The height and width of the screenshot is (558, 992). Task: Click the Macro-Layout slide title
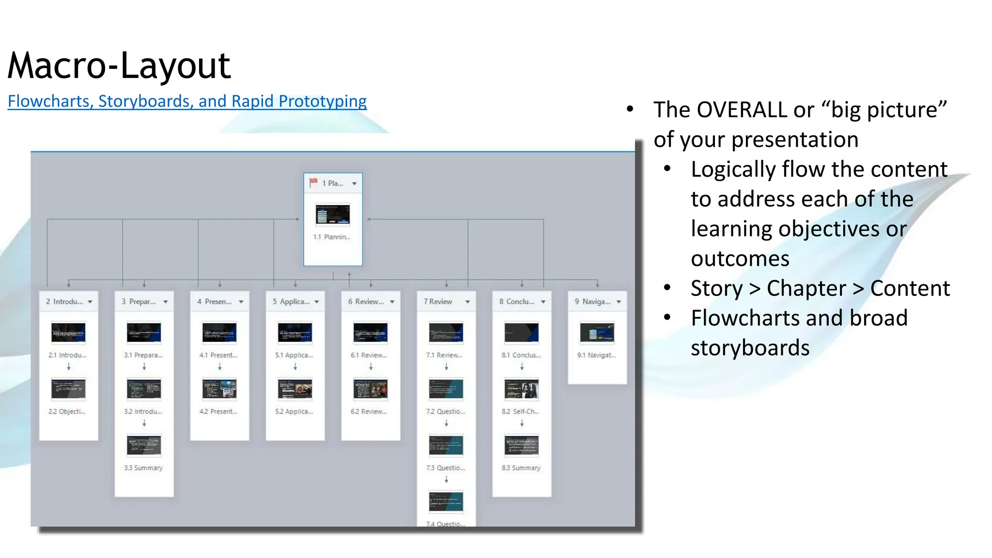point(119,65)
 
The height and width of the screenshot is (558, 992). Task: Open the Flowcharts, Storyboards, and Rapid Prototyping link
point(187,101)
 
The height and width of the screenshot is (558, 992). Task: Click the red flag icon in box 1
point(313,183)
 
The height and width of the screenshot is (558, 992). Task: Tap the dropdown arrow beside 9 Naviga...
point(619,302)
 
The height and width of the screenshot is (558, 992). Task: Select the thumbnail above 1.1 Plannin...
point(332,215)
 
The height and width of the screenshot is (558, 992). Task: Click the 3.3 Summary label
point(143,468)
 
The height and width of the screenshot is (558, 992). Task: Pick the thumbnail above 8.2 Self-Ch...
point(521,389)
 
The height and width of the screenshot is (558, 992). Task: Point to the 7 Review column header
point(438,301)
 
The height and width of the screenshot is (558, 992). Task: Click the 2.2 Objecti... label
point(67,411)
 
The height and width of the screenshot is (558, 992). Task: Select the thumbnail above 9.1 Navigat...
point(597,333)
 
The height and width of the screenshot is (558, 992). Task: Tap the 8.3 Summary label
point(521,468)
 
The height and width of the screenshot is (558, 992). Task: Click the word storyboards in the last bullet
point(750,348)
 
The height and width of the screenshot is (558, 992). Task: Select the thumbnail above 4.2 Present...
point(219,389)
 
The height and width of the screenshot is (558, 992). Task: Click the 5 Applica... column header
point(291,301)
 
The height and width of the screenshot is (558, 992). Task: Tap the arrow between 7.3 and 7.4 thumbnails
point(446,479)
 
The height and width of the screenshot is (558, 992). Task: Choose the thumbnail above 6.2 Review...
point(370,389)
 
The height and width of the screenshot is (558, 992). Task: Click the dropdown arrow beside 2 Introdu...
point(90,302)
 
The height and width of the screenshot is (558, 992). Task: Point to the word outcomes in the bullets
point(740,259)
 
